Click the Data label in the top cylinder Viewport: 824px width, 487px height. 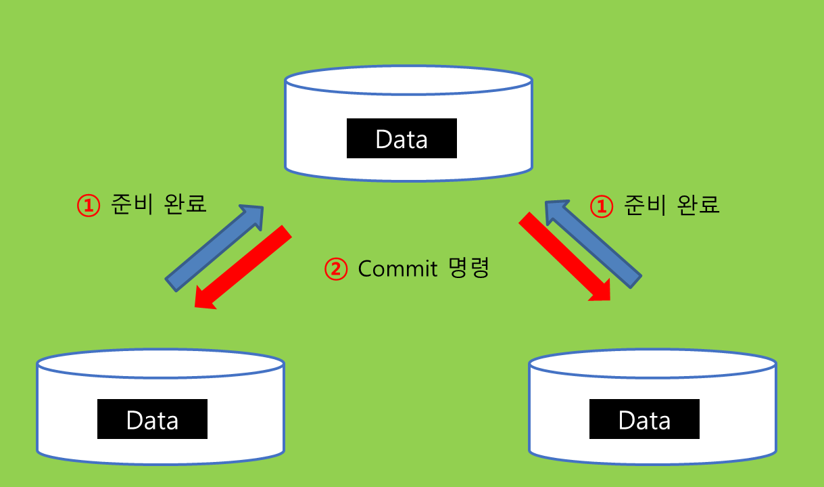coord(402,139)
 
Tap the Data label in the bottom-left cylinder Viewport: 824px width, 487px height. coord(152,419)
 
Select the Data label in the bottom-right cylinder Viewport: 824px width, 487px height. coord(644,419)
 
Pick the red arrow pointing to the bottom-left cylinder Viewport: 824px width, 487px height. coord(243,268)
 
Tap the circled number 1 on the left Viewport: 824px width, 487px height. coord(89,206)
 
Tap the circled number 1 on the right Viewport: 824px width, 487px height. coord(602,206)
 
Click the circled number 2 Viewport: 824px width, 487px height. coord(336,269)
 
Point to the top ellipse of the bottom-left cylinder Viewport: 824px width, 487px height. coord(160,364)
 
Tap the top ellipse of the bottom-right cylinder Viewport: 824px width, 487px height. coord(652,364)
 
